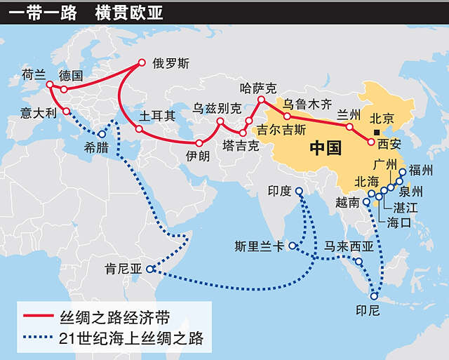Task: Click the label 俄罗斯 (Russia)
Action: click(x=170, y=62)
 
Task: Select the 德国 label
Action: click(x=71, y=74)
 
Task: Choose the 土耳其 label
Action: click(x=158, y=114)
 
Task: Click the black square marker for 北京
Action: click(x=377, y=133)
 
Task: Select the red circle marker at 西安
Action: click(x=370, y=142)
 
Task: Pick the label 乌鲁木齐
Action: click(x=307, y=104)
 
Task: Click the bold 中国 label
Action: click(x=326, y=149)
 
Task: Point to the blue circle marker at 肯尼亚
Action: click(x=149, y=269)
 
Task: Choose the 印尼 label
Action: click(x=368, y=306)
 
